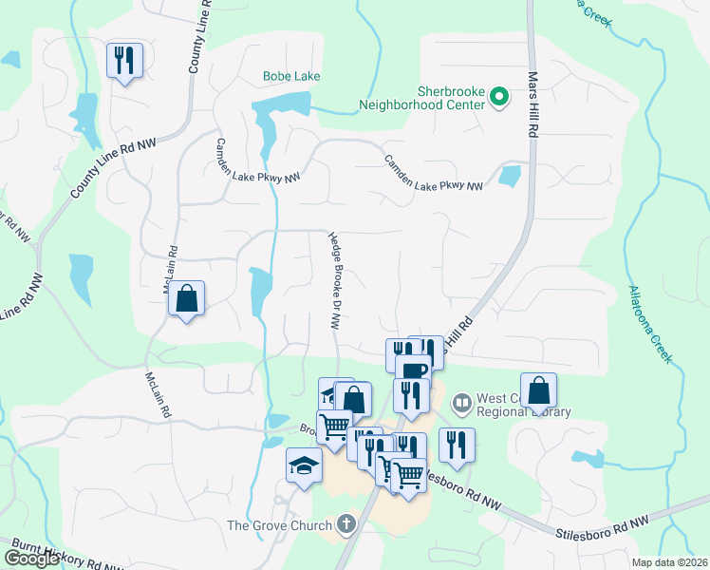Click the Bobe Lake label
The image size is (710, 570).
click(x=291, y=76)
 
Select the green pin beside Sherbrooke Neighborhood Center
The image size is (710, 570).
click(x=498, y=96)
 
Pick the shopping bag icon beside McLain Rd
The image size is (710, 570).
click(x=187, y=298)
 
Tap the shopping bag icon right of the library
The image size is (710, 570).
click(x=538, y=389)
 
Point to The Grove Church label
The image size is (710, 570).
click(x=279, y=524)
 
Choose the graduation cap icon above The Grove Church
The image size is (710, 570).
click(x=303, y=465)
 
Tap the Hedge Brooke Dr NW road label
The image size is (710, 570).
click(x=334, y=280)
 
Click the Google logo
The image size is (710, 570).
click(x=31, y=559)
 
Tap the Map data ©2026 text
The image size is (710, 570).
click(x=668, y=562)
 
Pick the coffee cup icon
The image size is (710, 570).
click(x=414, y=370)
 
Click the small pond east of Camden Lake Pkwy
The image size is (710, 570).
click(x=510, y=176)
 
